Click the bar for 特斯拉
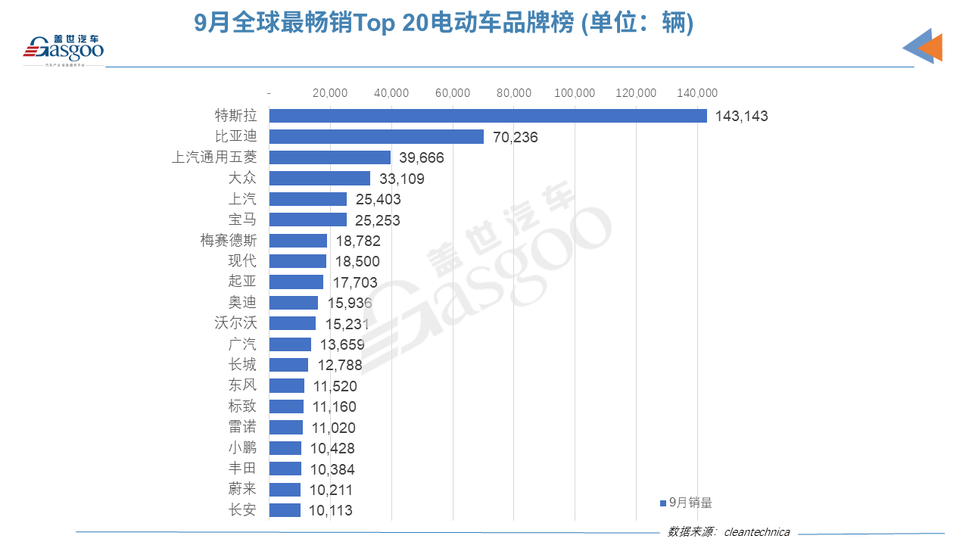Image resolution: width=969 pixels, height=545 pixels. coord(488,116)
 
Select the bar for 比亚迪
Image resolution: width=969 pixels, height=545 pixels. coord(376,137)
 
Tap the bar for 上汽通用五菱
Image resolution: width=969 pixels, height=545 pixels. coord(330,157)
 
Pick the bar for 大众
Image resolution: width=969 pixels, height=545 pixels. coord(319,179)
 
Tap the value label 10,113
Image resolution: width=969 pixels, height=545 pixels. coord(331,511)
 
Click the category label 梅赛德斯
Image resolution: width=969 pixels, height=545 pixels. coord(229,241)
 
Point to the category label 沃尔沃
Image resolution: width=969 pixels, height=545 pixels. coord(235,323)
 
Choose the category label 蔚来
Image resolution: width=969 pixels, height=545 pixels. coord(242,490)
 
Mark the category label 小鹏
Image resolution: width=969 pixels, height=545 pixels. coord(242,448)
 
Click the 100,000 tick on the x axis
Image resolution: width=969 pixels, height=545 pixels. coord(575,93)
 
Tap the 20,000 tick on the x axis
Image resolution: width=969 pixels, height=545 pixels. coord(330,93)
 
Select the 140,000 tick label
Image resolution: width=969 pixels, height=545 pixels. coord(696,93)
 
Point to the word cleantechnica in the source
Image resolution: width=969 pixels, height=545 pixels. coord(757,532)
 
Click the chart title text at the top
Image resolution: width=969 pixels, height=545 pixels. coord(444,24)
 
